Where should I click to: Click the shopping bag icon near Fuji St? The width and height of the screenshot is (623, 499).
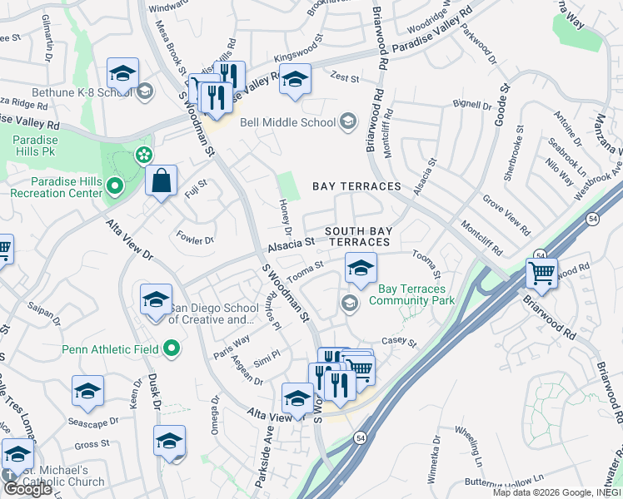[161, 180]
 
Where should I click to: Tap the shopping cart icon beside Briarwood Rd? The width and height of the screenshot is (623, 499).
[541, 273]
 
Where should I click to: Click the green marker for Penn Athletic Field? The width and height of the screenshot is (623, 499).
[172, 348]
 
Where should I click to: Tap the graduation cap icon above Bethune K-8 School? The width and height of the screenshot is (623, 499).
[122, 74]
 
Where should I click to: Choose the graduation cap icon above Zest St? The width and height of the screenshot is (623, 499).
[294, 80]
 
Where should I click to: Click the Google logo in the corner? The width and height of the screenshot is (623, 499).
[27, 489]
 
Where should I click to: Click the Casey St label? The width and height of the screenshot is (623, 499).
[398, 342]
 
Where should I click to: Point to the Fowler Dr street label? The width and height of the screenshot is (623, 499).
[195, 239]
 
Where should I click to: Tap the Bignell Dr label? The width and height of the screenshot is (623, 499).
[472, 106]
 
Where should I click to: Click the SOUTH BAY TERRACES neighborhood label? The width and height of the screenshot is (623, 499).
[356, 236]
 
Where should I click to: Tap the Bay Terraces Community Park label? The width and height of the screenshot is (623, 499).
[411, 294]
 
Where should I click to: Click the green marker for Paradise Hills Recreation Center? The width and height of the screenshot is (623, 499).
[115, 186]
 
